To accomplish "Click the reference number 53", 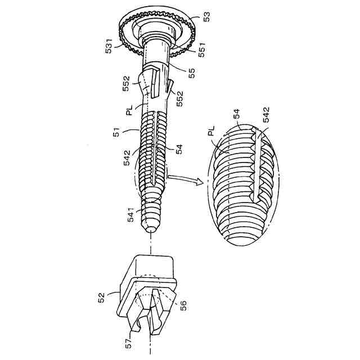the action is coord(206,16).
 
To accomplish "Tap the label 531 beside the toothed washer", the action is coord(109,46).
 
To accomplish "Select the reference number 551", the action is coord(202,49).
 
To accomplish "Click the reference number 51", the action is coord(116,132).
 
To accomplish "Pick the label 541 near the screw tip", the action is coord(130,215).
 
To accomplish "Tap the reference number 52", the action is coord(101,298).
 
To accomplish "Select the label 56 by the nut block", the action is coord(183,305).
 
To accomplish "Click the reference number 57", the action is coord(129,343).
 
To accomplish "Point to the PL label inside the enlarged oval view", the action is coord(211,130).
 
